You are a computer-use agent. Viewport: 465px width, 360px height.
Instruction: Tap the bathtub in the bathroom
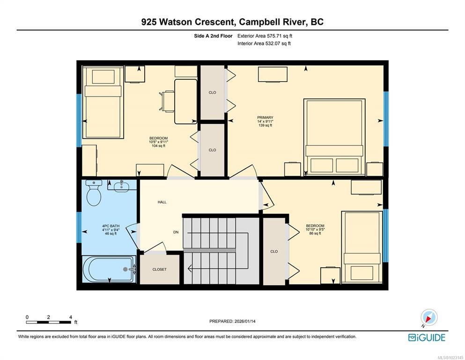click(109, 270)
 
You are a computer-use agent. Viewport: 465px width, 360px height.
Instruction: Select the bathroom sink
click(122, 186)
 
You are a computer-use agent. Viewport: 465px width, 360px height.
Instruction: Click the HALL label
click(162, 202)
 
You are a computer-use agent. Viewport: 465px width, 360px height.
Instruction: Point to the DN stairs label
click(176, 232)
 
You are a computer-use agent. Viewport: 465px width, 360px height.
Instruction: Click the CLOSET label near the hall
click(160, 270)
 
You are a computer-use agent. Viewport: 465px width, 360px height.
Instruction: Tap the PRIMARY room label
click(265, 118)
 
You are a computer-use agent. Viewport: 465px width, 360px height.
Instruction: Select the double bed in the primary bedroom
click(334, 136)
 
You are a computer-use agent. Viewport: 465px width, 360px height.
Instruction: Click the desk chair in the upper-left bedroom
click(167, 101)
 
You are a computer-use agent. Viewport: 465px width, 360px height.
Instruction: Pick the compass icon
click(429, 317)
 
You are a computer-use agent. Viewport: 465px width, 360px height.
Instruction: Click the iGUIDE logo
click(427, 338)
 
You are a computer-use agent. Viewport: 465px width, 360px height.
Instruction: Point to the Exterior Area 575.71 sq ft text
click(265, 36)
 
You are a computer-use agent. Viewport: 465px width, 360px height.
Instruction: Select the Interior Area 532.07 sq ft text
click(264, 43)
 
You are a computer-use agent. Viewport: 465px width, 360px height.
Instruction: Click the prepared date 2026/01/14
click(245, 321)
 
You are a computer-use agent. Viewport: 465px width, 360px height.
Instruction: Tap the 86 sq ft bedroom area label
click(315, 233)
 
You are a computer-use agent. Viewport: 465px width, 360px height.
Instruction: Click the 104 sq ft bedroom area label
click(158, 146)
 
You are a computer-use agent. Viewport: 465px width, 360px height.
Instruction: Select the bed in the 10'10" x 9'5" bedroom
click(362, 247)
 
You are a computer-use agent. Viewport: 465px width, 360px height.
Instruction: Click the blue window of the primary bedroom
click(386, 119)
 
